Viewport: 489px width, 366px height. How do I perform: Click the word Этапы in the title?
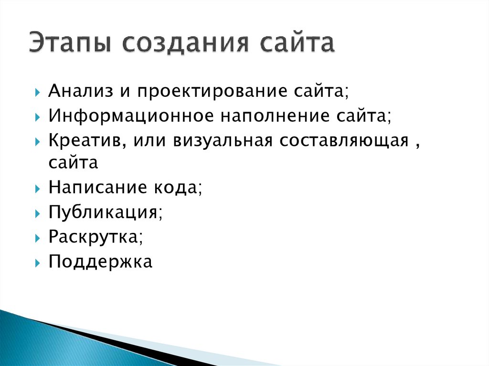67,44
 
